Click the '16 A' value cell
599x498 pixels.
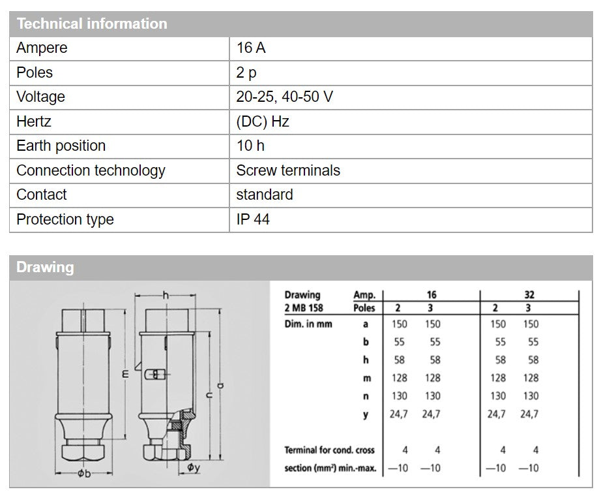click(251, 48)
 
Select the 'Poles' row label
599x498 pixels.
click(35, 72)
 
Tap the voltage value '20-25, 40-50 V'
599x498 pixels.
click(285, 97)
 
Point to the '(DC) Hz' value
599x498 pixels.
click(263, 121)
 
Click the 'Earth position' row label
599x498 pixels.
click(61, 146)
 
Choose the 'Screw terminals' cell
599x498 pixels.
click(288, 170)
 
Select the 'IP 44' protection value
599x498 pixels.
click(253, 219)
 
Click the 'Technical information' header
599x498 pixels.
click(92, 24)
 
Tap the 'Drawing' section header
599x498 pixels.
click(45, 267)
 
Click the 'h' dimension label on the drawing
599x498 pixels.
click(166, 296)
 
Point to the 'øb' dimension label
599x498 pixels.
click(83, 473)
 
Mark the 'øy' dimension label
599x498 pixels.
click(194, 467)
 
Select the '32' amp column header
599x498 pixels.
click(529, 295)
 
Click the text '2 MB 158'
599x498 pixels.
click(304, 307)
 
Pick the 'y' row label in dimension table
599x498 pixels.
click(366, 414)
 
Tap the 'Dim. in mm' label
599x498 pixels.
click(308, 324)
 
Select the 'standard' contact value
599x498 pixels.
click(265, 195)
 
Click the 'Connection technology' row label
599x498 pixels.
click(91, 170)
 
